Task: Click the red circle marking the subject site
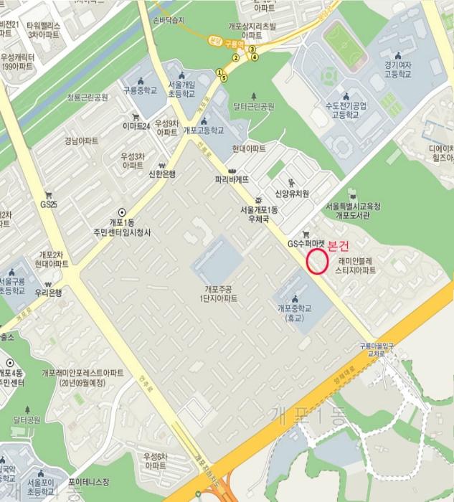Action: click(316, 261)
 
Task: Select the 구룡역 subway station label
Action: click(229, 44)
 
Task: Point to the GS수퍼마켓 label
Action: click(306, 243)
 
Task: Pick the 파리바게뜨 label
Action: click(232, 179)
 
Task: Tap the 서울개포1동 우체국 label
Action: click(259, 214)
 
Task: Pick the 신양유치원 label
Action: click(292, 194)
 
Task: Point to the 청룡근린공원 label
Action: click(88, 97)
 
